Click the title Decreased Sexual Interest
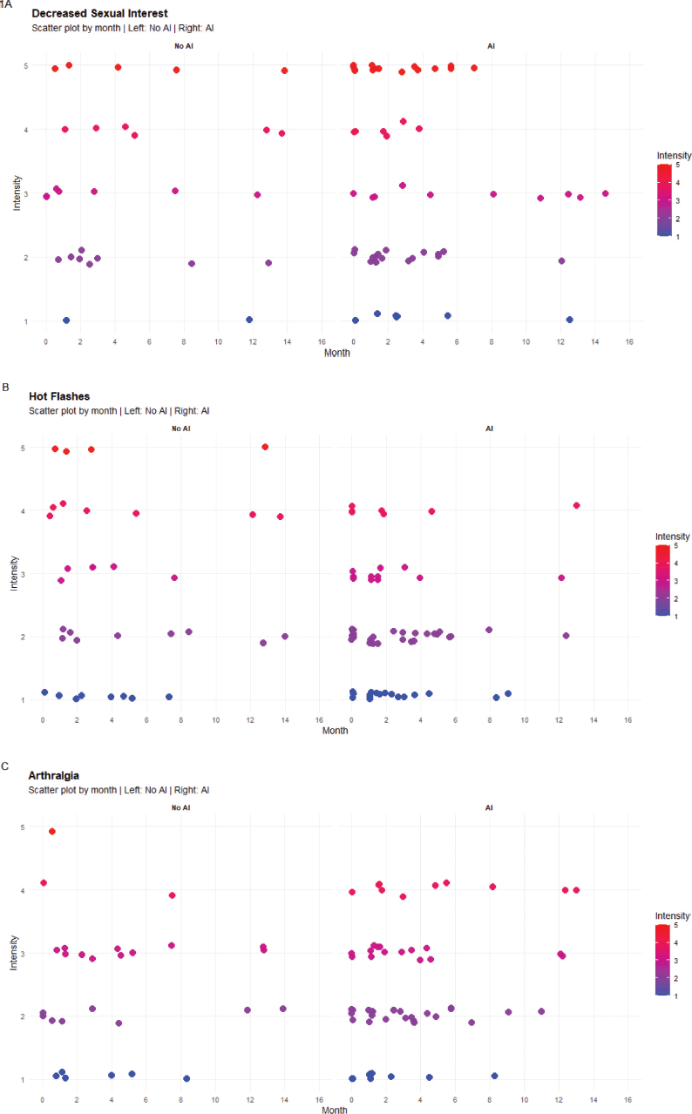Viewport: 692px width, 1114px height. click(x=99, y=13)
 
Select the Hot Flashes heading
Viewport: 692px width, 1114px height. click(x=59, y=396)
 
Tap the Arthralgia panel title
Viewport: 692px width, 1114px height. click(x=54, y=775)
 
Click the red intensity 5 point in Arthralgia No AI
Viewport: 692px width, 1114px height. click(x=52, y=832)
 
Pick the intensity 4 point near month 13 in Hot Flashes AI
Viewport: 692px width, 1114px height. click(x=577, y=505)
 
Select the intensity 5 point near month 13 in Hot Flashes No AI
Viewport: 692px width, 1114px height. click(x=265, y=447)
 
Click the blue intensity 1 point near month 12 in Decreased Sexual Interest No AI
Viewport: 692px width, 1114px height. click(x=249, y=320)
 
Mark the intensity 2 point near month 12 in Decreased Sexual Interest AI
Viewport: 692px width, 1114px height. click(x=561, y=261)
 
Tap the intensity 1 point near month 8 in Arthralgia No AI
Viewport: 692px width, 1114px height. click(x=187, y=1078)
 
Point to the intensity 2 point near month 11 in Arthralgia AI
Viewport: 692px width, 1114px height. click(x=541, y=1011)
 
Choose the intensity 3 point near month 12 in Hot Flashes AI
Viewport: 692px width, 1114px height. click(x=561, y=577)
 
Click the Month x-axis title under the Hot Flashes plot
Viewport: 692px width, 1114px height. click(x=335, y=731)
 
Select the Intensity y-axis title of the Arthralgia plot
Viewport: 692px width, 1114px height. click(x=14, y=953)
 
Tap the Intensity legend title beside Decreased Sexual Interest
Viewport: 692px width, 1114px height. click(x=674, y=156)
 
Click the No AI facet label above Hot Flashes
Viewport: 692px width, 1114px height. click(x=181, y=429)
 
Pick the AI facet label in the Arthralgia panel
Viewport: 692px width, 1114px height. click(x=489, y=807)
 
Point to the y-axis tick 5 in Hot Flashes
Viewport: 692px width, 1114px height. click(x=23, y=448)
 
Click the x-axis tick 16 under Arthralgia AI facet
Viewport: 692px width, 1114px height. click(x=628, y=1099)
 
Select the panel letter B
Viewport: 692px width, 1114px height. click(x=6, y=388)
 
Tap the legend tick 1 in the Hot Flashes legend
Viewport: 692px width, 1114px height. click(x=676, y=617)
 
